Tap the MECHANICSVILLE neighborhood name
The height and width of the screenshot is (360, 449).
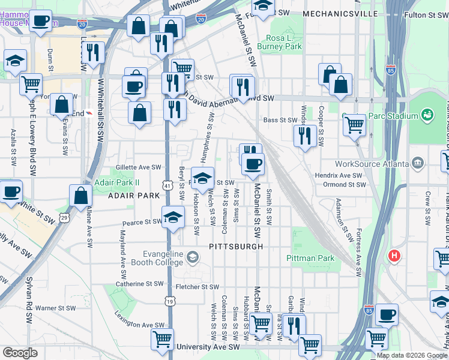(340, 13)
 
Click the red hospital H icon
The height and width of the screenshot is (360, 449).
(394, 256)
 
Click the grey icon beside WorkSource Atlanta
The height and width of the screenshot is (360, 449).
(417, 163)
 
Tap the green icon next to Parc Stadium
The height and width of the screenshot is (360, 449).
(428, 114)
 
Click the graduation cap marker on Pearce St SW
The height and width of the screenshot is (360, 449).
(173, 217)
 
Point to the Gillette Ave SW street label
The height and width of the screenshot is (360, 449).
(139, 167)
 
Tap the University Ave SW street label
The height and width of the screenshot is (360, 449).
(207, 347)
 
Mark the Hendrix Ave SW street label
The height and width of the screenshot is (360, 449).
(339, 175)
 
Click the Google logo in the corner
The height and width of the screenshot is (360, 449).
(20, 353)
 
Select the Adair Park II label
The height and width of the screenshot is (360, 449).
(116, 182)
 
